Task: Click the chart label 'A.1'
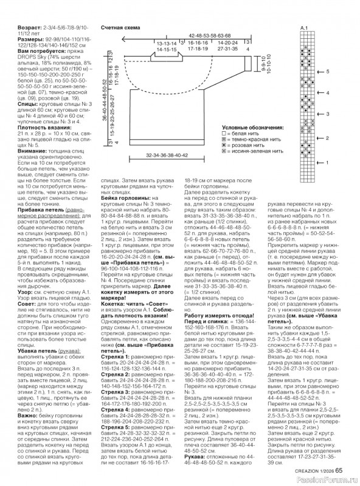point(305,29)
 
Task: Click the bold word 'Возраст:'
point(14,28)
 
